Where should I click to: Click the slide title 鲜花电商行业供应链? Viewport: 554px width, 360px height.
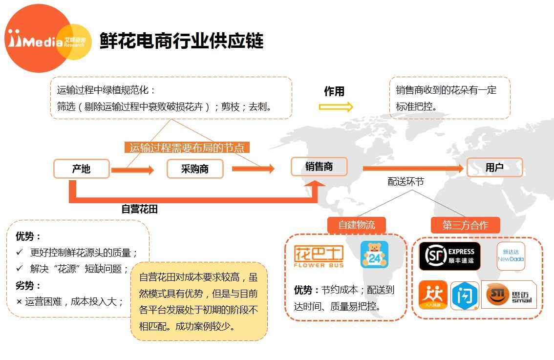click(182, 41)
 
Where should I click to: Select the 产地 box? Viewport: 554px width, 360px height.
click(82, 169)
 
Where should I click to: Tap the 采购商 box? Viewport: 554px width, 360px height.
click(195, 169)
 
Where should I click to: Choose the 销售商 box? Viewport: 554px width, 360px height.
click(319, 167)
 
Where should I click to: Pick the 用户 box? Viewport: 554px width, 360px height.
click(494, 168)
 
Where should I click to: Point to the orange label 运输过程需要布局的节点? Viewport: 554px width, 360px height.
click(187, 148)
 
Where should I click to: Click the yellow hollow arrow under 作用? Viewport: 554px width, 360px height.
click(336, 106)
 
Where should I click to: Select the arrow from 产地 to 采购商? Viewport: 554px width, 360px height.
click(133, 170)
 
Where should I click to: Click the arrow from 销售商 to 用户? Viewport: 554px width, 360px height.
click(413, 168)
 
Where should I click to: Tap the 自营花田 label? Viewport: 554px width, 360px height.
click(140, 209)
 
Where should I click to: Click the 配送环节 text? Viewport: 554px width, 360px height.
click(406, 182)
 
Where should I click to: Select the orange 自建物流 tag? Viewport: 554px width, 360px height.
click(357, 225)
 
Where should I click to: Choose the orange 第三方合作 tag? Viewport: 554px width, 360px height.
click(465, 225)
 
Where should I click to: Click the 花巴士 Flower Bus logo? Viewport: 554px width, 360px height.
click(319, 256)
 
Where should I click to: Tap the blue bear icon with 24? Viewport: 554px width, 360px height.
click(375, 254)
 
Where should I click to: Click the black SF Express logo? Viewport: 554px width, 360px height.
click(450, 256)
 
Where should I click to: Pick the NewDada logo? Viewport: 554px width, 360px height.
click(511, 256)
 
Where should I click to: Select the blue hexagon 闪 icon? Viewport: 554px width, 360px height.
click(465, 296)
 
